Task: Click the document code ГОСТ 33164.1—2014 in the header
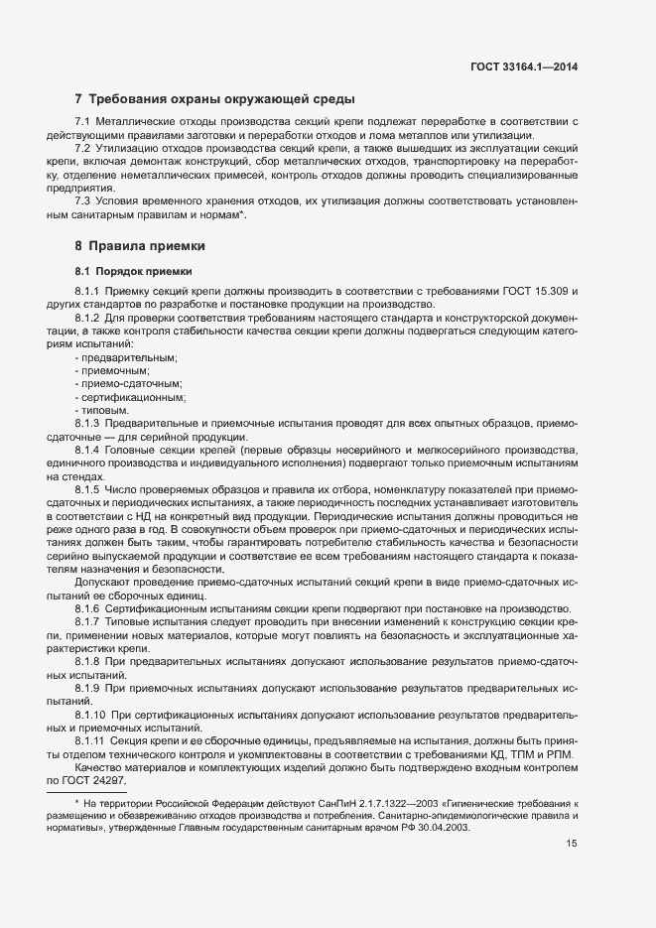point(524,67)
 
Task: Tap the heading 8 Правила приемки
point(143,245)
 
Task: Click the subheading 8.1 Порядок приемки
point(133,271)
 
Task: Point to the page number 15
point(573,844)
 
